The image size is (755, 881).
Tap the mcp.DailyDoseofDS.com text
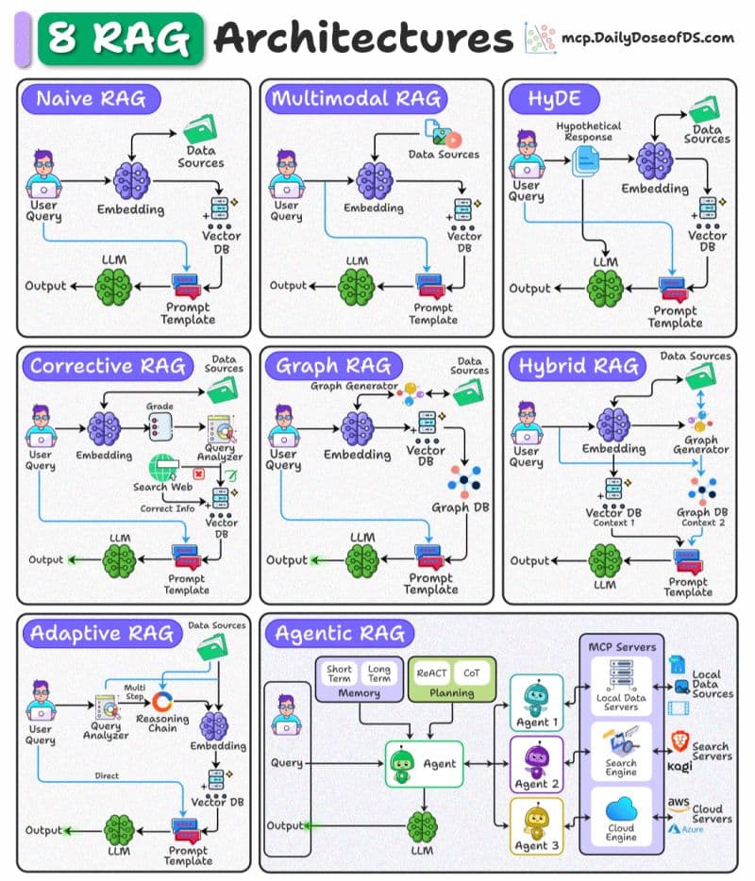pos(647,38)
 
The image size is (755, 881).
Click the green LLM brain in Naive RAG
pos(112,284)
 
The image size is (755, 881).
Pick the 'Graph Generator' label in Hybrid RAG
pos(701,444)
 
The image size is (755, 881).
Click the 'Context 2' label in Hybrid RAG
pos(704,523)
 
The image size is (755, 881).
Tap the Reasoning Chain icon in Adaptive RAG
pos(162,702)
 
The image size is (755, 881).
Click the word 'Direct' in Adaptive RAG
pos(107,776)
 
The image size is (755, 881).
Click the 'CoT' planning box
pos(469,673)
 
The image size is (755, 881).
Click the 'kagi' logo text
pos(679,766)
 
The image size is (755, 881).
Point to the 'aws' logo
pos(679,802)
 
